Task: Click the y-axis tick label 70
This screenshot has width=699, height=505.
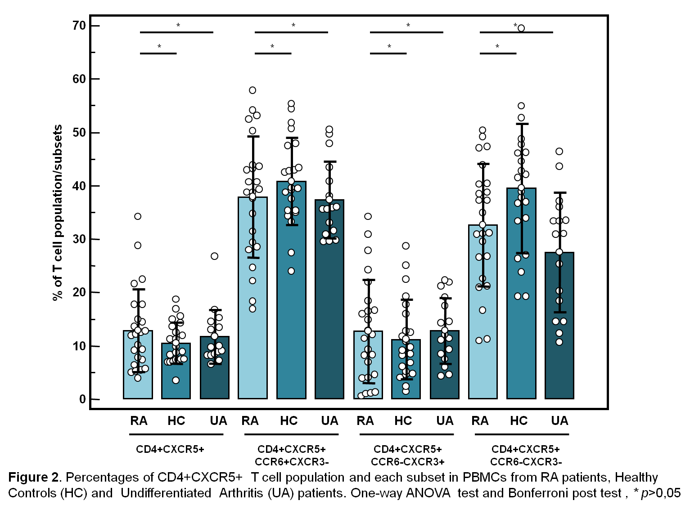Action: click(x=79, y=26)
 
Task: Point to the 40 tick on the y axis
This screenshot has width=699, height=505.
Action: click(x=79, y=186)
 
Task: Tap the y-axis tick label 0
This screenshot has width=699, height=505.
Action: click(x=82, y=399)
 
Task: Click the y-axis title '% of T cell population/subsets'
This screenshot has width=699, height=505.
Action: click(x=57, y=213)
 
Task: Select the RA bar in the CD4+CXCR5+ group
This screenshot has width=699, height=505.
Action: click(x=138, y=364)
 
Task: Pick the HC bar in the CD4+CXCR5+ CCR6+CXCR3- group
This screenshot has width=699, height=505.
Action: click(x=291, y=290)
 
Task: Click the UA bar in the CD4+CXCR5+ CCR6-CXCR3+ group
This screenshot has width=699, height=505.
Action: click(x=445, y=364)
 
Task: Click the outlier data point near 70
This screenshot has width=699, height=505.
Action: click(x=521, y=28)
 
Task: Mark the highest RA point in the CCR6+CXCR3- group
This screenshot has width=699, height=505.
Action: click(x=253, y=90)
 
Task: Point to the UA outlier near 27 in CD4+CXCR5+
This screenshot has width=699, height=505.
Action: click(x=215, y=256)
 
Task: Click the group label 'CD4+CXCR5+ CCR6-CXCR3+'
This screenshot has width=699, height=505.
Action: click(x=407, y=455)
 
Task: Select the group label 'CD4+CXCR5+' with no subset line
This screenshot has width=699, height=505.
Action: click(x=170, y=449)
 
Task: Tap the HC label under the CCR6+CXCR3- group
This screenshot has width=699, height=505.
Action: click(x=289, y=421)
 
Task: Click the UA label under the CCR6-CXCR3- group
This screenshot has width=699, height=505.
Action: click(x=559, y=421)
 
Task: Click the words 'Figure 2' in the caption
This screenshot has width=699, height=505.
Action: click(x=34, y=477)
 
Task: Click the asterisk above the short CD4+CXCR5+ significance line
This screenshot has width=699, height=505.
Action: click(x=159, y=47)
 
